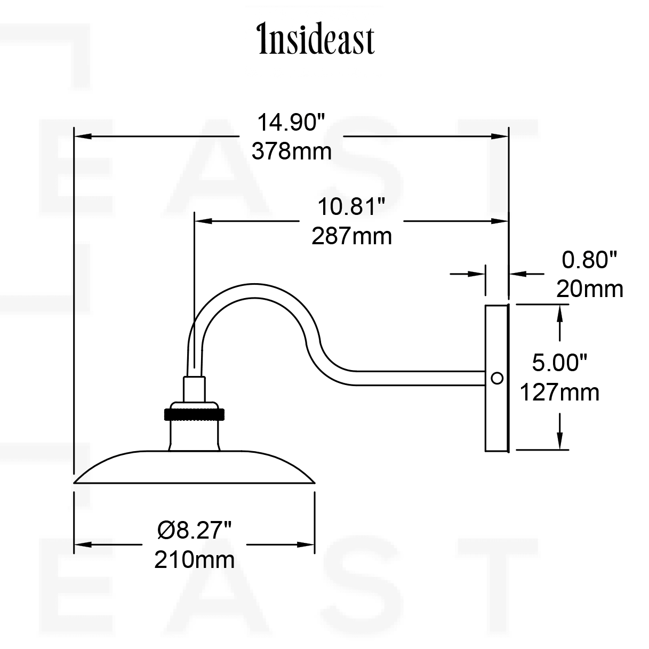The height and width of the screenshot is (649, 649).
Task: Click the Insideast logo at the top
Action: [x=316, y=39]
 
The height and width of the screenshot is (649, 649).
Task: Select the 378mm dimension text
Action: [x=291, y=151]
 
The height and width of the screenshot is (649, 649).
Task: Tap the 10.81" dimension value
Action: [x=351, y=206]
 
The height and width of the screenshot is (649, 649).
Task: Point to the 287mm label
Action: [x=351, y=236]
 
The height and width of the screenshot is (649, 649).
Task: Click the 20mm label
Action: [x=589, y=289]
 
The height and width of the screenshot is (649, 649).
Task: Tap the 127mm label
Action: [x=559, y=392]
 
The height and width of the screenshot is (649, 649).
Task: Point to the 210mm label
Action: [x=194, y=560]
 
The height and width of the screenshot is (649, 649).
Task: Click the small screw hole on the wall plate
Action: [x=496, y=378]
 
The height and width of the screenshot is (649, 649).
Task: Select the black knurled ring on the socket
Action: [x=194, y=414]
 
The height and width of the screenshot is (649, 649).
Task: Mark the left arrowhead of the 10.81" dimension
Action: [x=203, y=220]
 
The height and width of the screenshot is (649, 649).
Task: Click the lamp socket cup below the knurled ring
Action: [x=194, y=435]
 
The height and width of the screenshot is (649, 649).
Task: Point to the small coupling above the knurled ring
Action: [x=194, y=388]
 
